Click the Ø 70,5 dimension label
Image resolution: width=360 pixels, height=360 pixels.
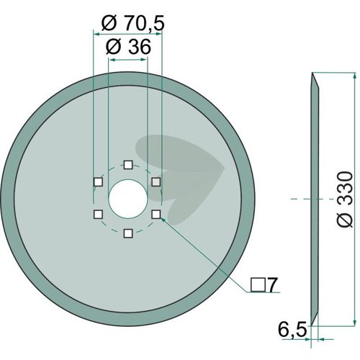[132, 23]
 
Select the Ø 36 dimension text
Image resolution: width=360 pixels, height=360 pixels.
[128, 47]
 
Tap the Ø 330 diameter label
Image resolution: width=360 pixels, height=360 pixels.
[345, 199]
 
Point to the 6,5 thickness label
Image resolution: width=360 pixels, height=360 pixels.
[292, 330]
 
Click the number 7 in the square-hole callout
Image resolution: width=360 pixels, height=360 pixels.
[271, 285]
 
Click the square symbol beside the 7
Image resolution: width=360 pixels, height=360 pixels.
[258, 285]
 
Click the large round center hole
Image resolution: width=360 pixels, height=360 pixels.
[128, 199]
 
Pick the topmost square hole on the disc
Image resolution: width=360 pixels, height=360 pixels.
[128, 165]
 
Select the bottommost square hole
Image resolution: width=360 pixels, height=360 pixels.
[128, 233]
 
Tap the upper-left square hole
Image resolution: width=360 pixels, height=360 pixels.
[98, 182]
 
